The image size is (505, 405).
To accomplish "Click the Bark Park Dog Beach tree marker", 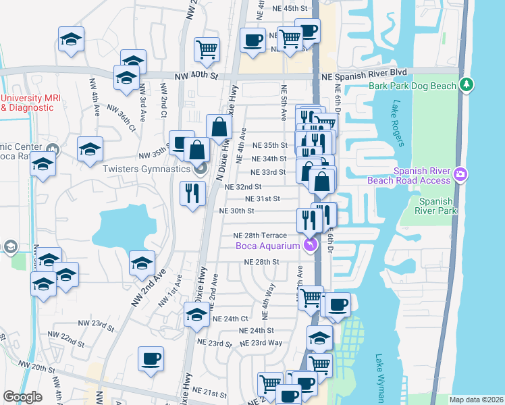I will click(466, 85).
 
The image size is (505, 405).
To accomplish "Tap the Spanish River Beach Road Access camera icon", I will click(460, 174).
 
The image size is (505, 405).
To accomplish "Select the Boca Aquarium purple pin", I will click(310, 245).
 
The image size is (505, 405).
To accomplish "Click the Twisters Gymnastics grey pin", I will click(200, 169).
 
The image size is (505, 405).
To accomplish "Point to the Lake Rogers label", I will click(396, 124).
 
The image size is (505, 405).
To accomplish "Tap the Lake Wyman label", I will click(380, 372).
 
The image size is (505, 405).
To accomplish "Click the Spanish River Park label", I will click(437, 206).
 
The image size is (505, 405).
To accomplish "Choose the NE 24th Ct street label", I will click(230, 319).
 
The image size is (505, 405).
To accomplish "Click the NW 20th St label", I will click(36, 367).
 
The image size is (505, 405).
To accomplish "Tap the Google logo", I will click(22, 397).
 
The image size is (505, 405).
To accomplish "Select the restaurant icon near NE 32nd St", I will click(192, 194).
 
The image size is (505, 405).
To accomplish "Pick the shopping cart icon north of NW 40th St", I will click(207, 48).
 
